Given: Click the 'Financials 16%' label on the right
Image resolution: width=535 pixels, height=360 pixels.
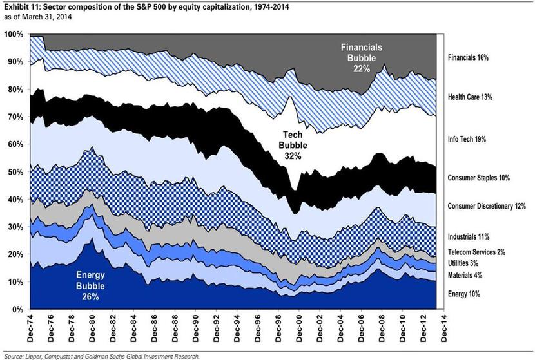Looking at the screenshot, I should tap(468, 57).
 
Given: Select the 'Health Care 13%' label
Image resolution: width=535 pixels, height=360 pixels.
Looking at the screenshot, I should tap(469, 97).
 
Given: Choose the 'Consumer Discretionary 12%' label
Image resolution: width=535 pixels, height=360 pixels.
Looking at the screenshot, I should tap(487, 206).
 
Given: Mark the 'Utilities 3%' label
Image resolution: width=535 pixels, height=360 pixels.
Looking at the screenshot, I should tap(463, 263).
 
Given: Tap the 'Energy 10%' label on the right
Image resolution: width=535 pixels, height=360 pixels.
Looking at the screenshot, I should tap(463, 294).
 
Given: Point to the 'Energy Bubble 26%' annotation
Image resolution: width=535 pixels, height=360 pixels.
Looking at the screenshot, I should tap(90, 287).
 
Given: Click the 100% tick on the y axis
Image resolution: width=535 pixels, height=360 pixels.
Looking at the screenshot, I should tap(14, 33).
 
